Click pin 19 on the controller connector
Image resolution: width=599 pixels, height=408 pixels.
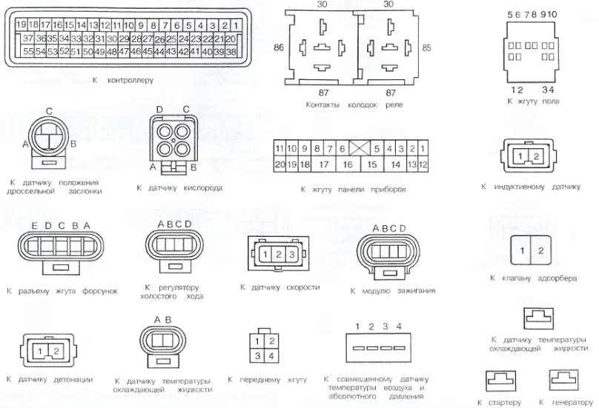21,25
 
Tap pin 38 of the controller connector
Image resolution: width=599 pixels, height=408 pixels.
231,52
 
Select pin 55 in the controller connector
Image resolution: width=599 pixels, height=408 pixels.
28,51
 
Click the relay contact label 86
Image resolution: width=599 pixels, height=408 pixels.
279,47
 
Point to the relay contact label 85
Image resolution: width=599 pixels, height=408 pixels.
426,47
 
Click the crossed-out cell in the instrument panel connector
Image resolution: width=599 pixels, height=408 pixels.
360,148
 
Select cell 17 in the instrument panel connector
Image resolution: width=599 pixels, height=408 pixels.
323,164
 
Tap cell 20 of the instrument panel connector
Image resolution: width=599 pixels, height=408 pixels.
280,164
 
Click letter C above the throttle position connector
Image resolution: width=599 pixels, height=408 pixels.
49,111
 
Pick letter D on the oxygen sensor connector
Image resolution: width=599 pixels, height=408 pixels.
159,110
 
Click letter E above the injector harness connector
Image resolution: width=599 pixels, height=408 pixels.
34,226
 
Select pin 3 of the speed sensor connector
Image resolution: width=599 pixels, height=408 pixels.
292,254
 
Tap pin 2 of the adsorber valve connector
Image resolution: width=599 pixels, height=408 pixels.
540,251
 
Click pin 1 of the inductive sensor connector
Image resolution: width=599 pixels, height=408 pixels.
520,156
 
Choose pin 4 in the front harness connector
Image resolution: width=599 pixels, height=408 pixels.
271,355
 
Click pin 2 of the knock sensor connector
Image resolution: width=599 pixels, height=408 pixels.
56,351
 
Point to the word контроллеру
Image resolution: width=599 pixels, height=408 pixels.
130,80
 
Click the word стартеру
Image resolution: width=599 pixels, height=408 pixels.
504,402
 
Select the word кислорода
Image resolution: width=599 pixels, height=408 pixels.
203,188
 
